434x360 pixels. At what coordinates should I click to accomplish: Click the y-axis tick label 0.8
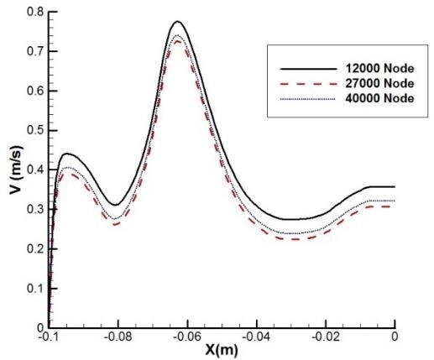[x=35, y=12]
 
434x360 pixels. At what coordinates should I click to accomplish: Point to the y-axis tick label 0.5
[x=35, y=131]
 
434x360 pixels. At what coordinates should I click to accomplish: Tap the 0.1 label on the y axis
[x=35, y=289]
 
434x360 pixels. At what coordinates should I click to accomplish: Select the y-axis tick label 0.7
[x=35, y=51]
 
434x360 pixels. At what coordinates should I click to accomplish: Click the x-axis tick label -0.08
[x=118, y=337]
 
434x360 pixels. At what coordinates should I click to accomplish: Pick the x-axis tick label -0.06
[x=187, y=337]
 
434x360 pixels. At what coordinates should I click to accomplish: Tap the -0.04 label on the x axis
[x=256, y=337]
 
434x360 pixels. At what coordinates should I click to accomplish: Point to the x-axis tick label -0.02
[x=326, y=337]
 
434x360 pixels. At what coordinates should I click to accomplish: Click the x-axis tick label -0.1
[x=49, y=337]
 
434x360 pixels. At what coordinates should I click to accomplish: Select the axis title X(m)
[x=222, y=350]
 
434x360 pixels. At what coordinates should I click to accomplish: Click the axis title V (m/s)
[x=16, y=170]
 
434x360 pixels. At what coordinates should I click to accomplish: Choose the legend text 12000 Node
[x=379, y=69]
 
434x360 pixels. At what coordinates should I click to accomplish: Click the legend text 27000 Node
[x=379, y=83]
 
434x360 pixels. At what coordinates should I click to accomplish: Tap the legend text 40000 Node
[x=379, y=98]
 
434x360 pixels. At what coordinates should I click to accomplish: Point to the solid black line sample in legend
[x=308, y=69]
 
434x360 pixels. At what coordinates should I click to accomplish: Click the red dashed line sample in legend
[x=308, y=84]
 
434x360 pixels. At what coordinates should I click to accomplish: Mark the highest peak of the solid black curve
[x=177, y=22]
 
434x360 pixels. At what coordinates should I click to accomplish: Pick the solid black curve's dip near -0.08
[x=116, y=205]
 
